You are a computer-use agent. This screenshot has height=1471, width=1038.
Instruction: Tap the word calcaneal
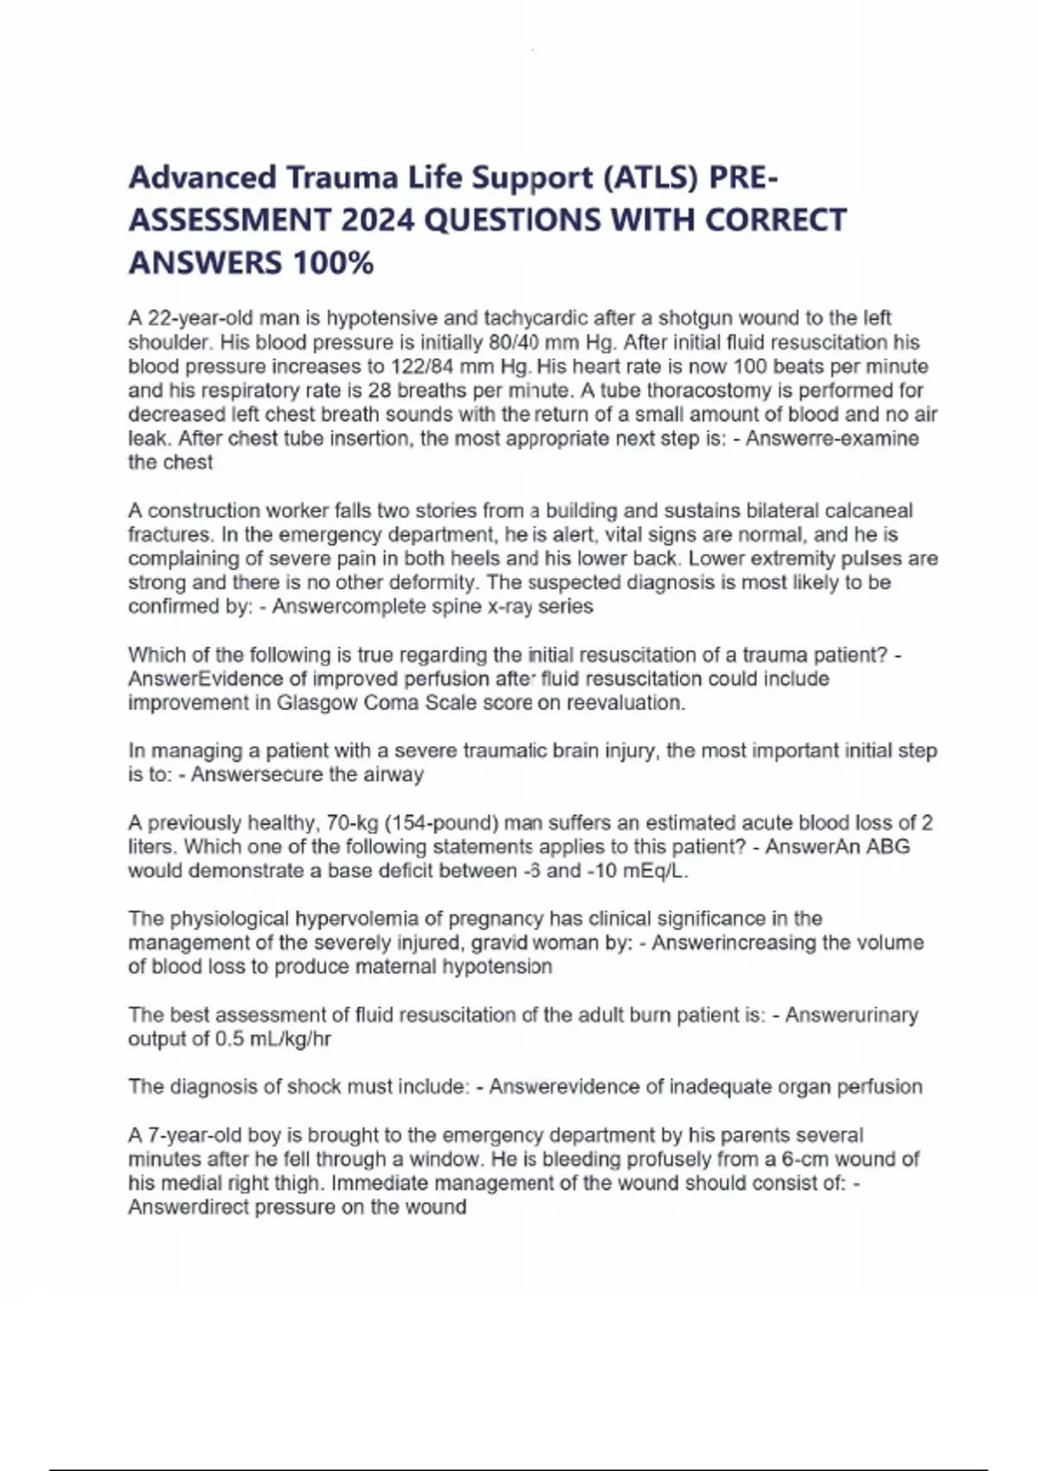tap(868, 511)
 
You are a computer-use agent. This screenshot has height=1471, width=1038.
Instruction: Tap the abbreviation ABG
tap(888, 846)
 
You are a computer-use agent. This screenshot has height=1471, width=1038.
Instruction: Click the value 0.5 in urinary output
tap(229, 1038)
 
